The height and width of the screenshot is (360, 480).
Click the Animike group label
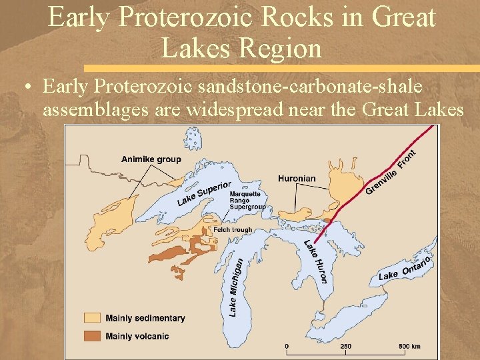point(151,159)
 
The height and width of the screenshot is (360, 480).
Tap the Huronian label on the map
point(297,179)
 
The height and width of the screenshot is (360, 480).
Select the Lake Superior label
point(204,193)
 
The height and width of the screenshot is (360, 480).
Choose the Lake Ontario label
point(405,267)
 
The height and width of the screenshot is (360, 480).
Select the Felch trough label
point(233,230)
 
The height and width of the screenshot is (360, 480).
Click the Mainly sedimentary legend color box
point(93,318)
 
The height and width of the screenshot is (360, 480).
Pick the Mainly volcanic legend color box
point(93,336)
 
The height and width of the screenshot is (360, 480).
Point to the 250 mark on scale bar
point(346,346)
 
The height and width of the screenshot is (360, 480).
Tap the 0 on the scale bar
point(287,346)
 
